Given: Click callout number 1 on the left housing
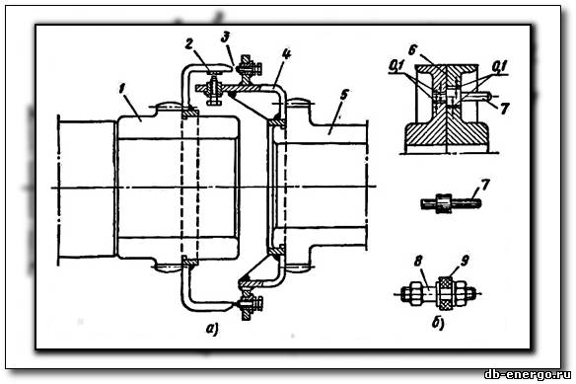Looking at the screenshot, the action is click(122, 89).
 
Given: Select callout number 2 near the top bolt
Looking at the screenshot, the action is click(188, 44).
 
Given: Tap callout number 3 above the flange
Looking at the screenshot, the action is click(225, 37).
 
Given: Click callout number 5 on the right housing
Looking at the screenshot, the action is click(344, 95).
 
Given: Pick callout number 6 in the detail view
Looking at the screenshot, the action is click(412, 49).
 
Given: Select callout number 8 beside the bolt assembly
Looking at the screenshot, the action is click(418, 262).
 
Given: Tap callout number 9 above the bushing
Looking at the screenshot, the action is click(465, 262).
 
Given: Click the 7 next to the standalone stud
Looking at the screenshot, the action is click(485, 185).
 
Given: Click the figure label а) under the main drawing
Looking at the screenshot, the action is click(212, 328).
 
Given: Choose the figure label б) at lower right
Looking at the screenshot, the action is click(438, 324).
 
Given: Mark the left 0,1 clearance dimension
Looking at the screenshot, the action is click(396, 66).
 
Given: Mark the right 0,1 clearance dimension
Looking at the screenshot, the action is click(499, 66).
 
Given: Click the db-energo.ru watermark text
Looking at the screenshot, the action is click(528, 375).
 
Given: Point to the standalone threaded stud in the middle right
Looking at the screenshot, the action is click(451, 203).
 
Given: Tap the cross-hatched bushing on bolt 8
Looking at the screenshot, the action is click(445, 293).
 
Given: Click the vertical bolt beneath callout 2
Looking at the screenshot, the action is click(213, 88).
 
